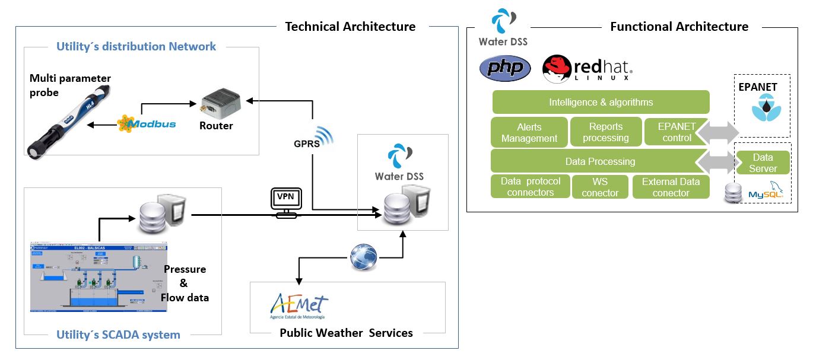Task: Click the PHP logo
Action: [x=505, y=68]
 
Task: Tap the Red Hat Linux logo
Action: [x=587, y=68]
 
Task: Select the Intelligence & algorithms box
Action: [x=601, y=102]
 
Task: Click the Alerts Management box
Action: [x=529, y=132]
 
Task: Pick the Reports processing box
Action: [x=605, y=132]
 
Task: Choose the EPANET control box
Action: [x=677, y=132]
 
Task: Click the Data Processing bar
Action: [x=600, y=161]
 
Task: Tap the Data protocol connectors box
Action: [x=530, y=187]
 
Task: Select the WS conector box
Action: [x=600, y=187]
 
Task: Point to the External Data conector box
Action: [x=671, y=187]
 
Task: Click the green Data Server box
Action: [x=763, y=163]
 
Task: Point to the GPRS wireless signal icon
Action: [x=324, y=135]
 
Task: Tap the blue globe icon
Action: [x=363, y=257]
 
